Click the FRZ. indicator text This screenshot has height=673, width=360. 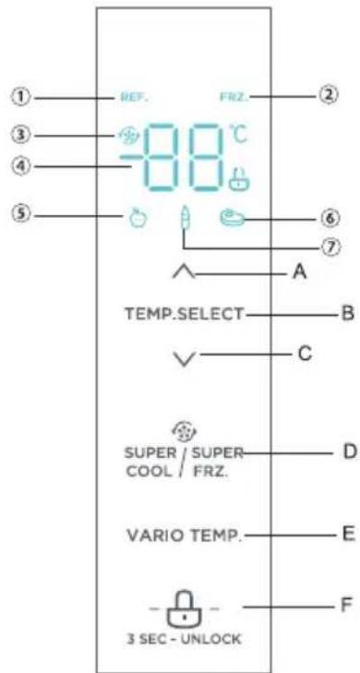231,96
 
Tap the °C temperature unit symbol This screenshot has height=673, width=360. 239,135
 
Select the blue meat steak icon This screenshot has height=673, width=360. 231,219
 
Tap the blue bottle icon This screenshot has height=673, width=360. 185,220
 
